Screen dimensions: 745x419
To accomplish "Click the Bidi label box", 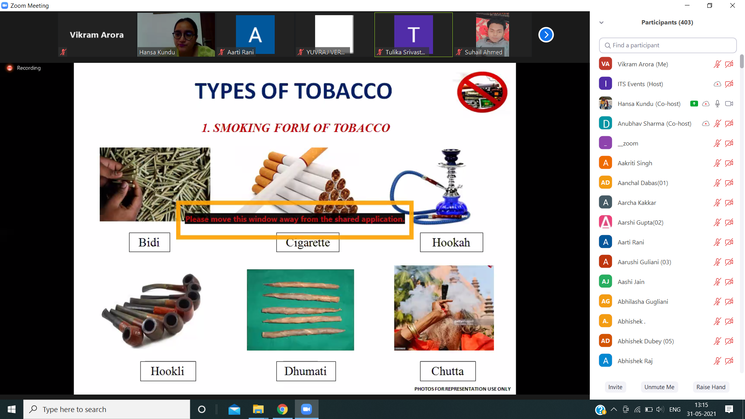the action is coord(149,242).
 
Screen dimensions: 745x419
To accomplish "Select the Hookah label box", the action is coord(451,242).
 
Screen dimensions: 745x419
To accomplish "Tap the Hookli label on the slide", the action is coord(168,371).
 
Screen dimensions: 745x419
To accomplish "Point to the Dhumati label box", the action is coord(306,371).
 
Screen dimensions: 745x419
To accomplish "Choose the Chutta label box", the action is coord(448,371).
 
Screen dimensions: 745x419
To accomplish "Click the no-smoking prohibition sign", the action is coord(482,92).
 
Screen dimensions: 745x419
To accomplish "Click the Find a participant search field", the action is coord(668,45).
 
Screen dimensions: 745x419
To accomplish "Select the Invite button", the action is coord(615,387).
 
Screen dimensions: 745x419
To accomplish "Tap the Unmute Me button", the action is coord(659,387).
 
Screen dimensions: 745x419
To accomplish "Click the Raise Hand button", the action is coord(711,387).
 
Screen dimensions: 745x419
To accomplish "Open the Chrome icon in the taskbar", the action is coord(282,409).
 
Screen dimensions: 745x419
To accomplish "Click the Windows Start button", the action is coord(12,409).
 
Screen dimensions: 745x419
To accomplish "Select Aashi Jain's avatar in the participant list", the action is coord(605,282).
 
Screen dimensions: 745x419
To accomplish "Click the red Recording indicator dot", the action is coord(10,68).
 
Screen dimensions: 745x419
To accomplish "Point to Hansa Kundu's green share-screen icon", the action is coord(694,104).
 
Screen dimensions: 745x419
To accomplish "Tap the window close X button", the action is coord(733,5).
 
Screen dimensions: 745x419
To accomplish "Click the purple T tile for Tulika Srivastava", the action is coord(414,34).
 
